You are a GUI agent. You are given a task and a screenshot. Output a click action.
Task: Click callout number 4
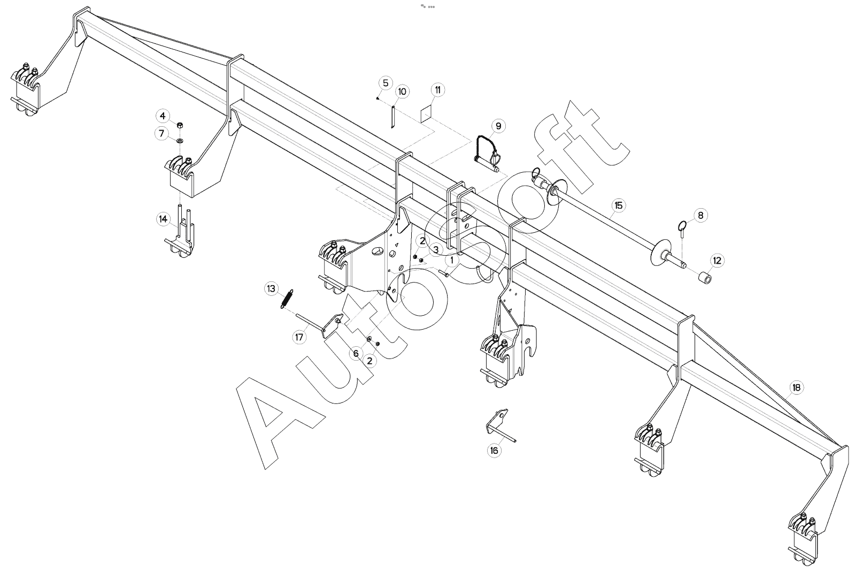pos(163,116)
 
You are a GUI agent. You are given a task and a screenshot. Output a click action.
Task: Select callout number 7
pos(162,133)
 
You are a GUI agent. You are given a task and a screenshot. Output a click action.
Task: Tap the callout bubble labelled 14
pos(164,219)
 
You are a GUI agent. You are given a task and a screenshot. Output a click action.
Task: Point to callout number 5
pos(386,83)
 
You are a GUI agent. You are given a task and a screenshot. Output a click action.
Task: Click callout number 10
pos(402,91)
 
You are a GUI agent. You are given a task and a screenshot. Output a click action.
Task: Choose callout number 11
pos(438,90)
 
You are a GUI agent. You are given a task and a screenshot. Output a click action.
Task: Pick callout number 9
pos(498,126)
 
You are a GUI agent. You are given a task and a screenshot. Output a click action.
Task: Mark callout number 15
pos(619,205)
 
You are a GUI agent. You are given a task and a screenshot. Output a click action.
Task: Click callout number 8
pos(700,215)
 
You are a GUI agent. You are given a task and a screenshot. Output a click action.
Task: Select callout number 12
pos(717,261)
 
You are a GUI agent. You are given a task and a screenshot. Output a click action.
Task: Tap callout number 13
pos(271,288)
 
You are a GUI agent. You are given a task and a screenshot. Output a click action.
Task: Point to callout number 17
pos(299,337)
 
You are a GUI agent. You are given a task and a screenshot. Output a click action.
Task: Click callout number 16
pos(494,451)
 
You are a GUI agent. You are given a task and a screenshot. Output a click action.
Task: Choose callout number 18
pos(796,387)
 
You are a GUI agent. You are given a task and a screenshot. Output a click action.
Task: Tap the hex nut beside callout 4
pos(181,125)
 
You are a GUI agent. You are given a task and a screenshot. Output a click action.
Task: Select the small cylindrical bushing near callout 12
pos(705,278)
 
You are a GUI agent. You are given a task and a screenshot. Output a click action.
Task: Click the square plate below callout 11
pos(426,114)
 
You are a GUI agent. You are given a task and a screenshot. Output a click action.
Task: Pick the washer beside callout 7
pos(180,141)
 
